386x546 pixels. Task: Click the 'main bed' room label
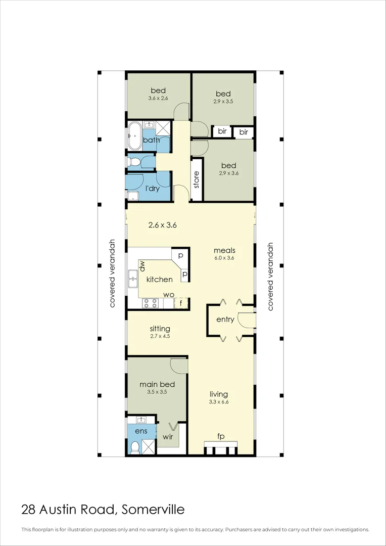pyautogui.click(x=157, y=384)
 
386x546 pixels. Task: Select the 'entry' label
pyautogui.click(x=225, y=320)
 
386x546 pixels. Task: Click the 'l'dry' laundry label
pyautogui.click(x=153, y=189)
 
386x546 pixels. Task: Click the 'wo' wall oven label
pyautogui.click(x=168, y=295)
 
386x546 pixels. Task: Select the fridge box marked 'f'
pyautogui.click(x=181, y=303)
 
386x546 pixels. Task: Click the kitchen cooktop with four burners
pyautogui.click(x=151, y=303)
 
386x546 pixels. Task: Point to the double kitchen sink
pyautogui.click(x=133, y=278)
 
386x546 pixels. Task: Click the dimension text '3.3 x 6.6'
pyautogui.click(x=219, y=402)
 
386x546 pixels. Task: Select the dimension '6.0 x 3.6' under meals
pyautogui.click(x=224, y=258)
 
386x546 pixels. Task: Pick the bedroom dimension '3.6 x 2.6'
pyautogui.click(x=158, y=99)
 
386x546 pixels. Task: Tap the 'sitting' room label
pyautogui.click(x=160, y=329)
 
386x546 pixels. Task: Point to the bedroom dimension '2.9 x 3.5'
pyautogui.click(x=223, y=101)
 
